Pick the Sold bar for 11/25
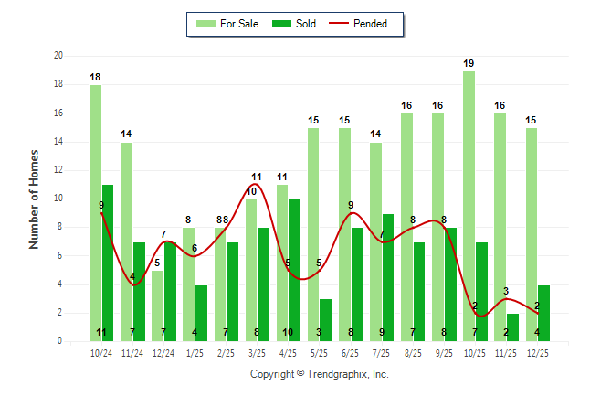pyautogui.click(x=512, y=327)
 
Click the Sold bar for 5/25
pyautogui.click(x=326, y=320)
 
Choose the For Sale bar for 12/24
pyautogui.click(x=157, y=306)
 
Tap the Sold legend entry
pyautogui.click(x=298, y=24)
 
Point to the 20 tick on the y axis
pyautogui.click(x=58, y=56)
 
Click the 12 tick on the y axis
pyautogui.click(x=58, y=170)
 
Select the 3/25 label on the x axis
pyautogui.click(x=257, y=353)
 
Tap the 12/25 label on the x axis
pyautogui.click(x=537, y=353)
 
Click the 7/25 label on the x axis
pyautogui.click(x=381, y=353)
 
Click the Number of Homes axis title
pyautogui.click(x=35, y=198)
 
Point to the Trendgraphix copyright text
pyautogui.click(x=319, y=374)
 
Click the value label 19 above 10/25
pyautogui.click(x=469, y=63)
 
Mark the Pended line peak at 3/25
pyautogui.click(x=257, y=185)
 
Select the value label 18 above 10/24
pyautogui.click(x=95, y=78)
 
